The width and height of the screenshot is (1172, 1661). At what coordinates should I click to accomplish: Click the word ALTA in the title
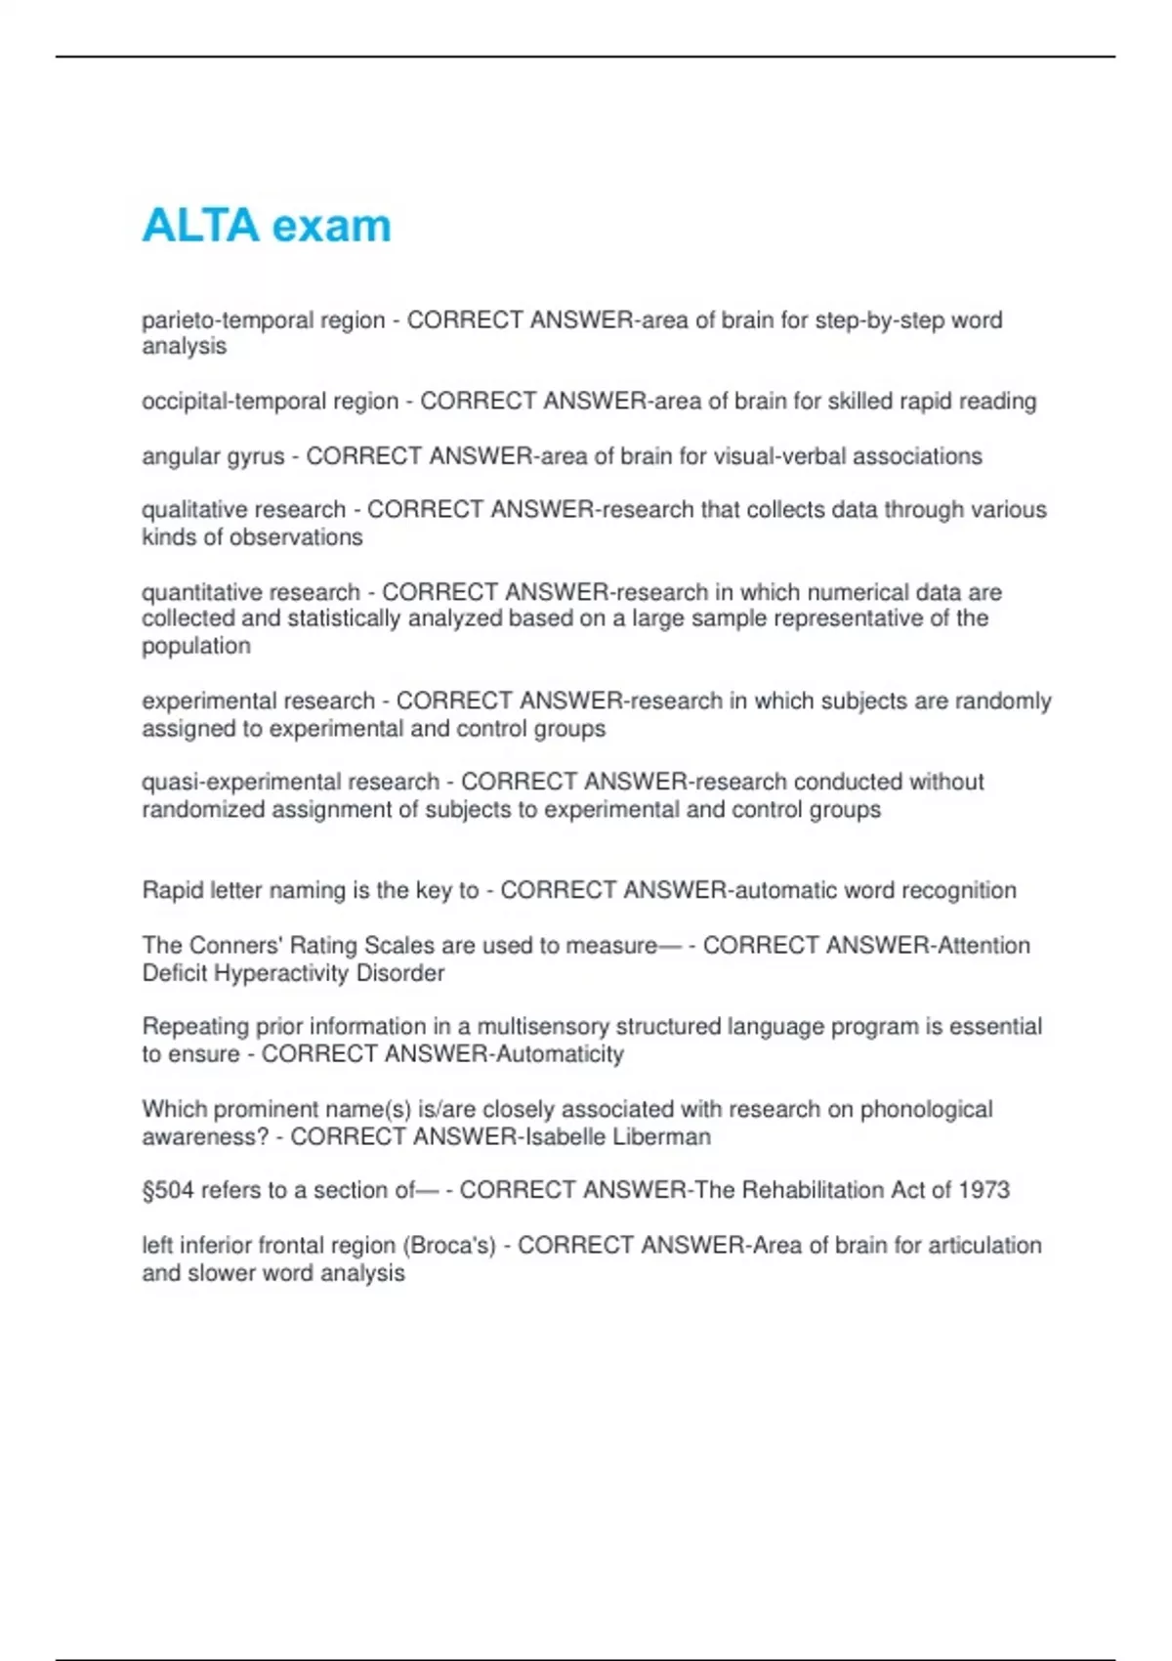pyautogui.click(x=200, y=226)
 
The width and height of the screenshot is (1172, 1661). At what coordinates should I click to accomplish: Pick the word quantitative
pyautogui.click(x=201, y=593)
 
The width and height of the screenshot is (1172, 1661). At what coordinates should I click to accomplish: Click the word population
pyautogui.click(x=196, y=646)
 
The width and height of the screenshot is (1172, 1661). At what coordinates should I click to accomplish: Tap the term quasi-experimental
pyautogui.click(x=241, y=783)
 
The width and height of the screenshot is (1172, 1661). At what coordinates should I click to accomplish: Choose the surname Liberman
pyautogui.click(x=661, y=1137)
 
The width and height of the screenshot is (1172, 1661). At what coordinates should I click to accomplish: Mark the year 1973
pyautogui.click(x=984, y=1191)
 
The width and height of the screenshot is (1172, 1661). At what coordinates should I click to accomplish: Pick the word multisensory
pyautogui.click(x=543, y=1027)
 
